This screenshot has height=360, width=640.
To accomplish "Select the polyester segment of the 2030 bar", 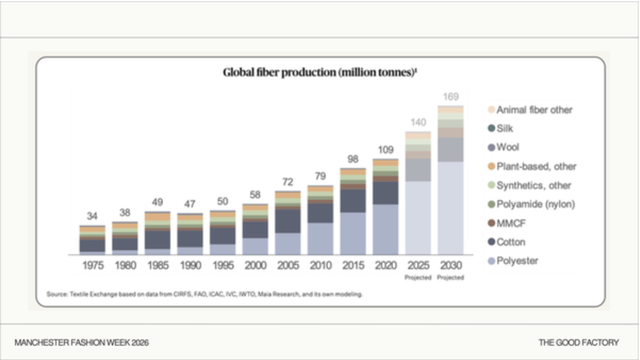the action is coord(451,208).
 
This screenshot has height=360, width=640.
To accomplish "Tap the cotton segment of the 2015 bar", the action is coord(353,201).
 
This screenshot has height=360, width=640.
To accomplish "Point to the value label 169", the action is coord(451,97).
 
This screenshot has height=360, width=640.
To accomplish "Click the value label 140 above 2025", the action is coord(418,123).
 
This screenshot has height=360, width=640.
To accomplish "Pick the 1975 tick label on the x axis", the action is coord(93,265).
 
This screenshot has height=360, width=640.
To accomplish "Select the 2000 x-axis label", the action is coord(256,265).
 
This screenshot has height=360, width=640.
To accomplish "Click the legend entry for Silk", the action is coord(501,128).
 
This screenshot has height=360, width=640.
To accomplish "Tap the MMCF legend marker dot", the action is coord(491,224).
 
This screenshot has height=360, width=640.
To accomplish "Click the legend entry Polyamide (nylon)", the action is coord(531,204).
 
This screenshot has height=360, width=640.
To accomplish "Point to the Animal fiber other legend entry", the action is coord(530,110).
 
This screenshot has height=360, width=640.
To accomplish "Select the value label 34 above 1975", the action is coord(92,216).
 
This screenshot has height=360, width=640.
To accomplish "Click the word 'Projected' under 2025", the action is coord(418,278).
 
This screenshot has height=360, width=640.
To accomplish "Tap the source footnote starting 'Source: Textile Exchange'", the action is coord(204,294).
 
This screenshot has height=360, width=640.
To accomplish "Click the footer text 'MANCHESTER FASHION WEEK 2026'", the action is coord(82,343).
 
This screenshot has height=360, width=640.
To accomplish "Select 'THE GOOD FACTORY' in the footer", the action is coord(578,343).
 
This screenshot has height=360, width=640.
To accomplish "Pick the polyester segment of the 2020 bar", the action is coord(386,229).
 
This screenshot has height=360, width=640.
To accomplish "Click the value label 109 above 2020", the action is coord(386,150).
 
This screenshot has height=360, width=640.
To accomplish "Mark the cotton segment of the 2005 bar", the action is coord(287,221).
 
